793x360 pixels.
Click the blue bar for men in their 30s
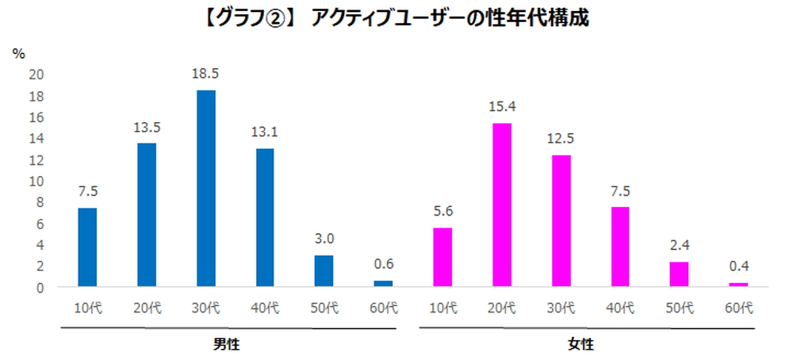click(205, 188)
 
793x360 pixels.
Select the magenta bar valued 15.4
click(501, 205)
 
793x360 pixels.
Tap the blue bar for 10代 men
click(87, 247)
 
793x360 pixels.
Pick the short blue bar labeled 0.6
click(383, 283)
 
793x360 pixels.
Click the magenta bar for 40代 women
click(619, 247)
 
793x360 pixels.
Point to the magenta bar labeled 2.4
click(679, 274)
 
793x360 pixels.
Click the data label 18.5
click(205, 73)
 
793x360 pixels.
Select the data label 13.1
click(265, 131)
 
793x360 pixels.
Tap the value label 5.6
click(442, 211)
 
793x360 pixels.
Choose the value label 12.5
click(561, 138)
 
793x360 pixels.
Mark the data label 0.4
click(738, 266)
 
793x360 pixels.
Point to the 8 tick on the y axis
click(40, 202)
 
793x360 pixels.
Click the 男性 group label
click(226, 345)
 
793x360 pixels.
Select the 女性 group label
click(580, 345)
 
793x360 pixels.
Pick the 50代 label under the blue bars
click(324, 307)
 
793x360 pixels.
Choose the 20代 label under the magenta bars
click(501, 307)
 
